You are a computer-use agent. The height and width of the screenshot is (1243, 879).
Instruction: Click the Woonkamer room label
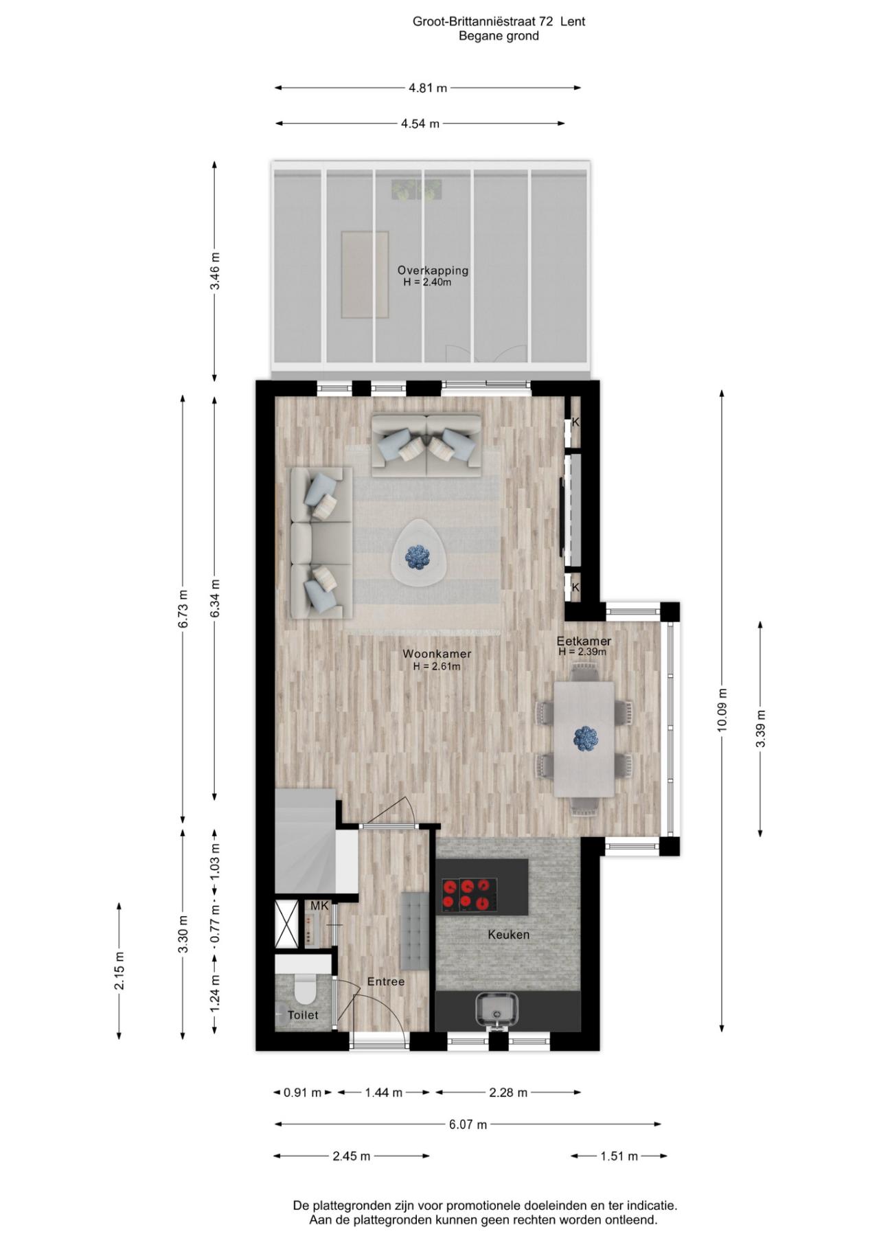point(437,654)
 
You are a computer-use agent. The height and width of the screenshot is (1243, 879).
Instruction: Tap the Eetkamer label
point(584,641)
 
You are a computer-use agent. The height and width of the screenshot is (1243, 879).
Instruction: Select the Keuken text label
point(509,935)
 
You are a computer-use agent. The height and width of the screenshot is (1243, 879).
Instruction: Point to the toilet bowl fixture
point(304,991)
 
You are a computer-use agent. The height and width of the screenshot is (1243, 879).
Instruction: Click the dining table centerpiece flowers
point(586,738)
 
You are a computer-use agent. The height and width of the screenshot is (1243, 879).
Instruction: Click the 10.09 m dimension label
point(722,711)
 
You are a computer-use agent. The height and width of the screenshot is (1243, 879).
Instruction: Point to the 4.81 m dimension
point(428,88)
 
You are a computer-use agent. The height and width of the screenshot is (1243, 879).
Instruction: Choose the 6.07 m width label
point(468,1124)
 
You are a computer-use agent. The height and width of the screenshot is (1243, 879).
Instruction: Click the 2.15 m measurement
point(119,970)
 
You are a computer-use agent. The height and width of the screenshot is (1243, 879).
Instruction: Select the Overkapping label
point(433,271)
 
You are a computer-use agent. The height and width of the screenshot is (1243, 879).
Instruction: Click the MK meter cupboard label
point(319,906)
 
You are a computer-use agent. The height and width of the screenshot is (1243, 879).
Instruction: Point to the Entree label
point(386,981)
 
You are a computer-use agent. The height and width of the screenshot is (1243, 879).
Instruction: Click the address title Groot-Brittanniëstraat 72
point(482,21)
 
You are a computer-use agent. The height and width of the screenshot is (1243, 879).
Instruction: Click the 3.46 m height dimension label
point(215,271)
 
